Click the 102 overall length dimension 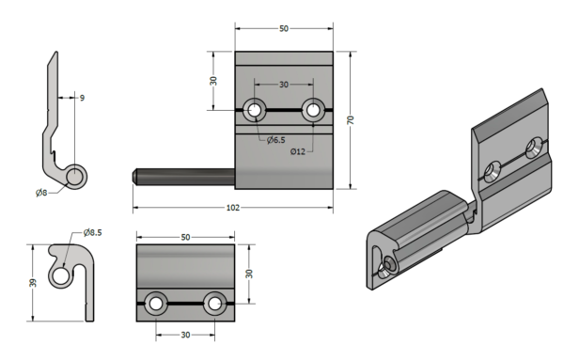(233, 208)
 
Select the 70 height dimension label (351, 119)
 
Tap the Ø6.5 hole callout (275, 140)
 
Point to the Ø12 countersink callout (298, 151)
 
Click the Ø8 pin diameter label (41, 193)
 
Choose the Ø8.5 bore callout (92, 233)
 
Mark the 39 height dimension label (33, 283)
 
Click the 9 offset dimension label (82, 98)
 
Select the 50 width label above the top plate (284, 28)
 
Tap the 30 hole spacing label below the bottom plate (185, 335)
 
